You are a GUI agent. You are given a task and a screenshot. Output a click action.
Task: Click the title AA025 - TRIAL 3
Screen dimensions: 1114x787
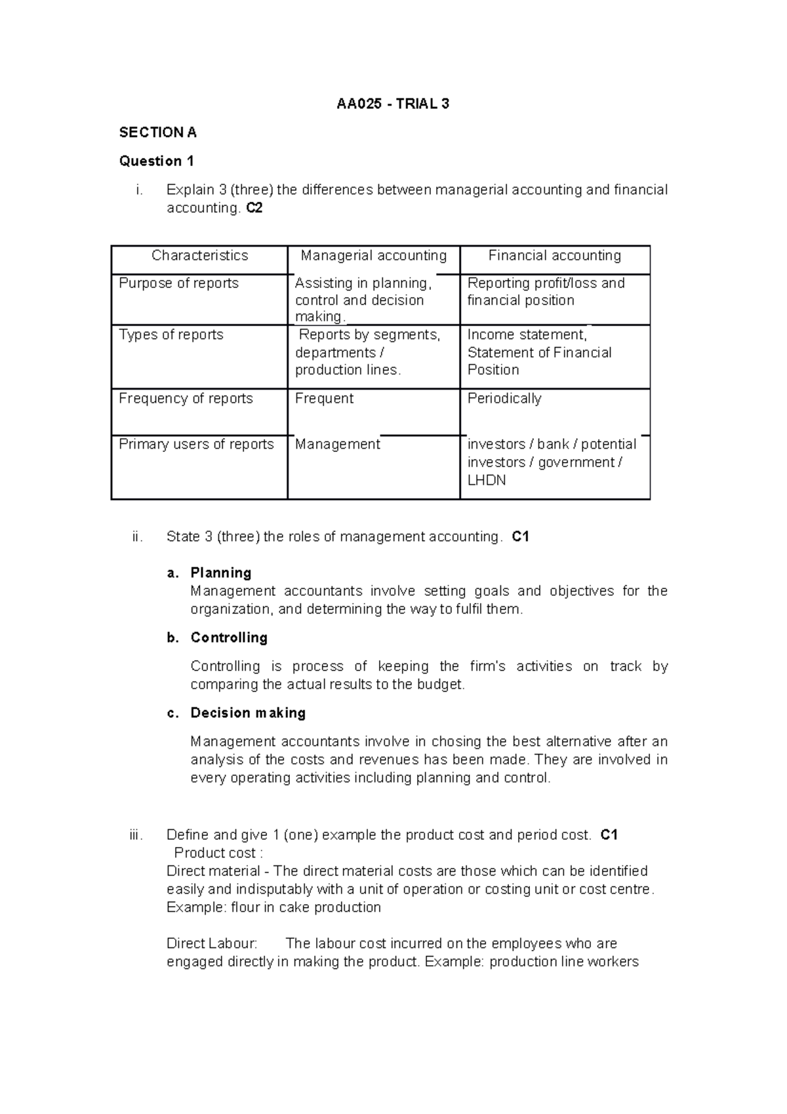coord(393,104)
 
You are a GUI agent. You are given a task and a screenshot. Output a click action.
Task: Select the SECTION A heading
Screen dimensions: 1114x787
coord(157,133)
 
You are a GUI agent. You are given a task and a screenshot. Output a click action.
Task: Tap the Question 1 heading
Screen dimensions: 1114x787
coord(156,161)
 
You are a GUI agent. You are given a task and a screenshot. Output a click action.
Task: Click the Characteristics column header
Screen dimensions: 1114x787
coord(199,256)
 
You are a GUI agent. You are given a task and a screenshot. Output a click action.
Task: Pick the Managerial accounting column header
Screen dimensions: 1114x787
coord(373,256)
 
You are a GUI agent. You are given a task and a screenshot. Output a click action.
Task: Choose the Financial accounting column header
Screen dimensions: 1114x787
coord(554,256)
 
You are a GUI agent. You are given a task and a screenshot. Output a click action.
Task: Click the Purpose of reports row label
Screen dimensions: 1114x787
coord(178,283)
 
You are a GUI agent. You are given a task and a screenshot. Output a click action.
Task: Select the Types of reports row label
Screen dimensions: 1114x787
coord(171,335)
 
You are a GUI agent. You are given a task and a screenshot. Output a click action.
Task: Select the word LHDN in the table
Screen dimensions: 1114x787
coord(487,480)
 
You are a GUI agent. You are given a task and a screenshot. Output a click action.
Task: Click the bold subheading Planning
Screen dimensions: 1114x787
coord(220,573)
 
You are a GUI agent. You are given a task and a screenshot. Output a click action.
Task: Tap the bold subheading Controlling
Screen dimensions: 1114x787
coord(229,638)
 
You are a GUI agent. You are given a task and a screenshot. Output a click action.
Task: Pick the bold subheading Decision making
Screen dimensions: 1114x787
coord(248,713)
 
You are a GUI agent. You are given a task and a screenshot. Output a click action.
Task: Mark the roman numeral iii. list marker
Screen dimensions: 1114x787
coord(136,835)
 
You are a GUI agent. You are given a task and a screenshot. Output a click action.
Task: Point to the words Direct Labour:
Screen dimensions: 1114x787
coord(212,944)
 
